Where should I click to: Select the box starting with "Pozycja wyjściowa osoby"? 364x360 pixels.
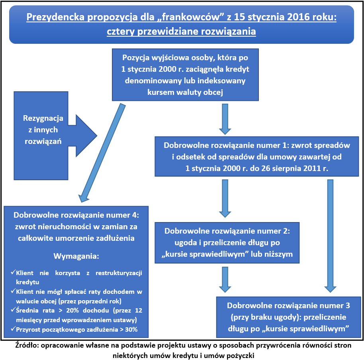[185, 75]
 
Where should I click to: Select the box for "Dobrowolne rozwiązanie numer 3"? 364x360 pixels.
[288, 317]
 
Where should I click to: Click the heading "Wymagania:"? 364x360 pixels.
[76, 256]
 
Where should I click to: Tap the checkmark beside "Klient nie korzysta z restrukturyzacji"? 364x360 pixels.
[13, 273]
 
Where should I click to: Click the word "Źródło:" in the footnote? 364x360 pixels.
[27, 345]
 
